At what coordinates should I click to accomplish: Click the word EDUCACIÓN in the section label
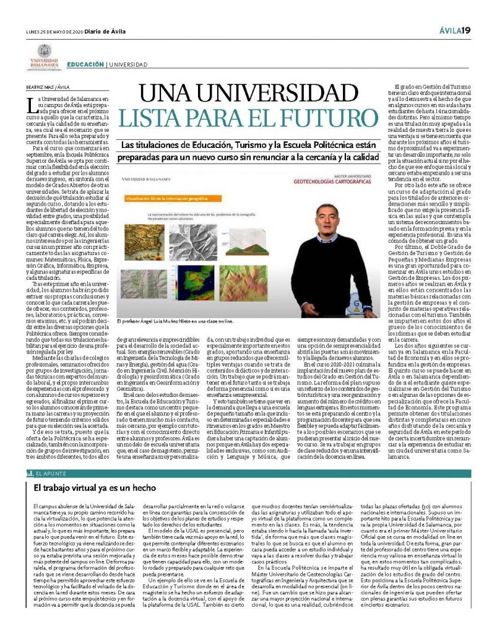[85, 64]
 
